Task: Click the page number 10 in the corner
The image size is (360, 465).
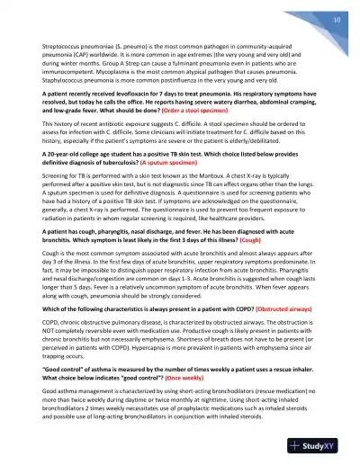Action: (x=334, y=19)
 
